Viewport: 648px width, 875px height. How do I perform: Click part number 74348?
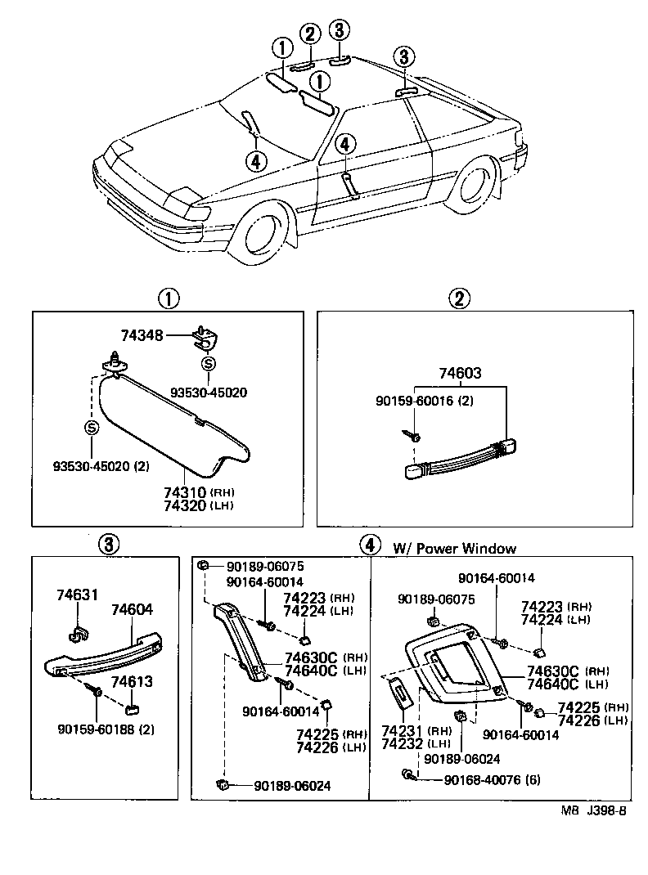tap(142, 335)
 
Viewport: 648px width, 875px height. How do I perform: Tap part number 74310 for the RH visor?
tap(184, 492)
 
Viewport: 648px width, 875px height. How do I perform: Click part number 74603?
tap(458, 375)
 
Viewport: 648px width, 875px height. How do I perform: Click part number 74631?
tap(77, 595)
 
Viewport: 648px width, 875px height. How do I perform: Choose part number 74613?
tap(132, 681)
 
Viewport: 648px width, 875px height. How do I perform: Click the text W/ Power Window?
tap(454, 549)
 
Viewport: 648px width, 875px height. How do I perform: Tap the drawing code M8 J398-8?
tap(593, 811)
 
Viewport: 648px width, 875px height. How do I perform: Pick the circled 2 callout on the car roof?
tap(309, 34)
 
